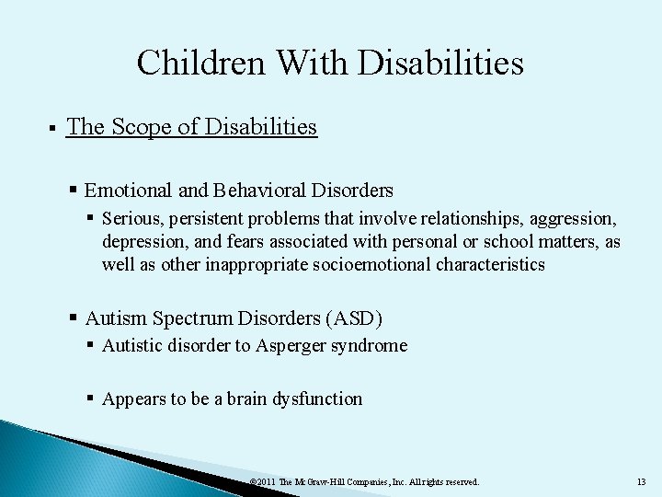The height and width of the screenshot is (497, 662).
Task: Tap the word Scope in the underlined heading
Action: [143, 127]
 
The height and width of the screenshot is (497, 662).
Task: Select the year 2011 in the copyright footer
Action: [268, 481]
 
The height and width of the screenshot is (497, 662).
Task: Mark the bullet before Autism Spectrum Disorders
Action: [74, 318]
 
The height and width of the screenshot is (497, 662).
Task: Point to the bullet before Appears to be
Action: [91, 399]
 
